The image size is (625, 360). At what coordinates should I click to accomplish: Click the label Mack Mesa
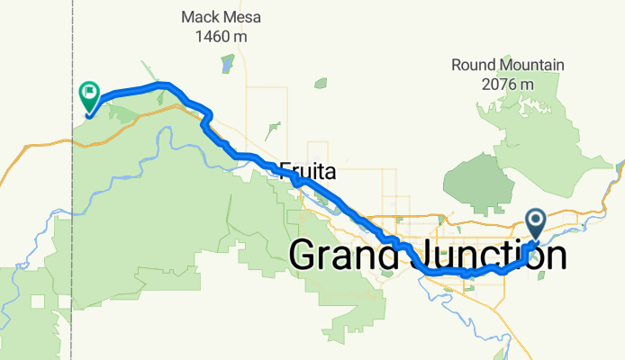pyautogui.click(x=214, y=17)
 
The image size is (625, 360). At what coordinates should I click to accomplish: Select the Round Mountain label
pyautogui.click(x=508, y=65)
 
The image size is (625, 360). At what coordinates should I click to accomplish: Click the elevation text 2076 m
pyautogui.click(x=508, y=84)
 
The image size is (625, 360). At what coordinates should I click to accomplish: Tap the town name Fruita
pyautogui.click(x=307, y=169)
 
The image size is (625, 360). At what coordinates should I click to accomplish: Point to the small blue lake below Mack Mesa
pyautogui.click(x=226, y=65)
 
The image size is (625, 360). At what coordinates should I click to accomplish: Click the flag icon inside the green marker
pyautogui.click(x=90, y=92)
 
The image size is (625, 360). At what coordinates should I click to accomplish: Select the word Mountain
pyautogui.click(x=532, y=65)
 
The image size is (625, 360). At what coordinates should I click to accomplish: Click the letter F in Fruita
pyautogui.click(x=285, y=169)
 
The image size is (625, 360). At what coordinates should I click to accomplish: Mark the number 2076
pyautogui.click(x=499, y=84)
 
